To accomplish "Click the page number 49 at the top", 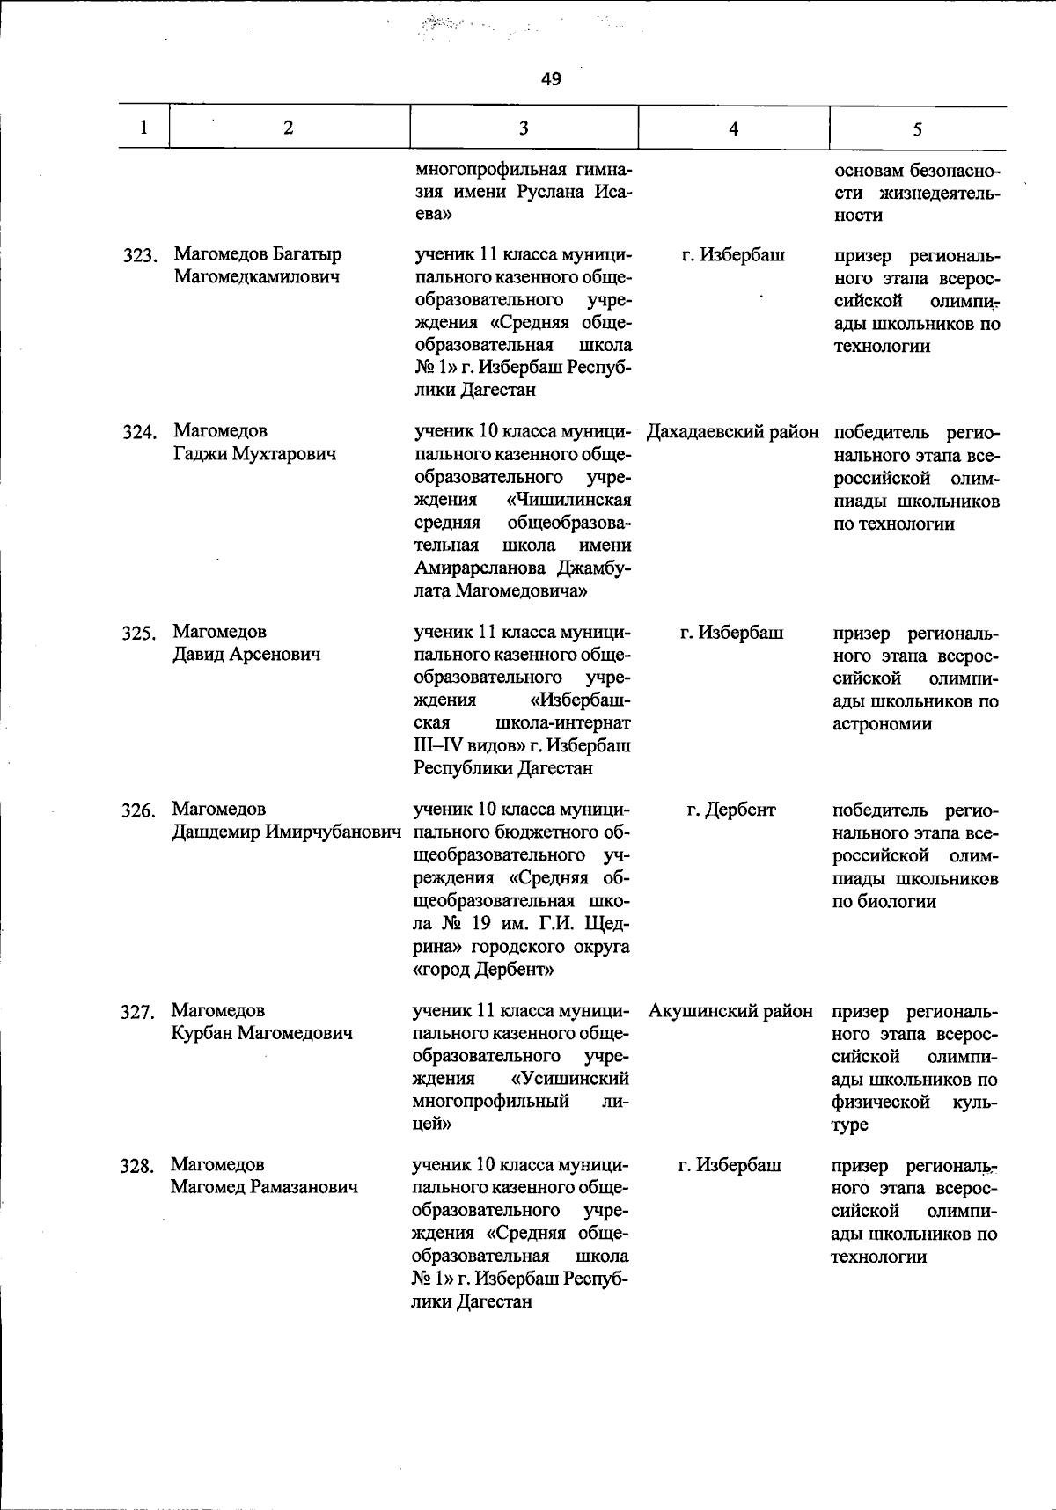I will point(551,80).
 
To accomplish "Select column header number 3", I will point(524,128).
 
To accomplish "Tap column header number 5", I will point(917,129).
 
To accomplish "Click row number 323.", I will point(139,256).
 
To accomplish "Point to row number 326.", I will point(138,810).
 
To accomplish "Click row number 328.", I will point(137,1167).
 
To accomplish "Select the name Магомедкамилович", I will point(257,277).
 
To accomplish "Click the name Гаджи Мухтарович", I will point(254,454).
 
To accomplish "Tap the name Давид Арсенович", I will point(246,654).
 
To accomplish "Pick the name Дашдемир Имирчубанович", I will point(287,832).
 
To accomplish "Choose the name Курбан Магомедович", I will point(261,1033).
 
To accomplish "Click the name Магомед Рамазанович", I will point(264,1187).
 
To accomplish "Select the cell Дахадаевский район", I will point(732,432).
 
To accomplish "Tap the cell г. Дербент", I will point(731,810).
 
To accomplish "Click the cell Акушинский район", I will point(730,1011).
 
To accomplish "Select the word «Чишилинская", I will point(569,500).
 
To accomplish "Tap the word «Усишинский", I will point(569,1078).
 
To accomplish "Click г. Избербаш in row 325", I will point(731,633).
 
